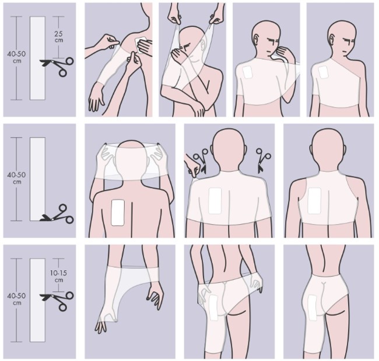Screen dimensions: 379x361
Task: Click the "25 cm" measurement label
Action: pos(59,37)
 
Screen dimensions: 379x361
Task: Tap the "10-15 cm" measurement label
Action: pos(59,277)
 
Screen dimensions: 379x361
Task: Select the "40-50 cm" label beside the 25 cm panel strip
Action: pos(17,57)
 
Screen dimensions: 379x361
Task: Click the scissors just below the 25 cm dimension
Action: pos(57,66)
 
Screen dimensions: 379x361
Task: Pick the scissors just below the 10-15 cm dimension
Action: pos(57,300)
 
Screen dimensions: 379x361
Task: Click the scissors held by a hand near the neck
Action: pos(201,161)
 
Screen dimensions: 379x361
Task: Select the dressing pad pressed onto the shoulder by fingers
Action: pos(140,45)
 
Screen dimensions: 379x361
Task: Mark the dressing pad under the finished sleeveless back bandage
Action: pos(314,201)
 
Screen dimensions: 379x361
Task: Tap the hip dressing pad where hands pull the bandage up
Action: pos(213,307)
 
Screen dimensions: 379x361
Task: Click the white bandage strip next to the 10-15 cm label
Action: pos(37,300)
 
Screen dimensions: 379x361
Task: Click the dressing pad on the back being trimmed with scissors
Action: pos(215,201)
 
